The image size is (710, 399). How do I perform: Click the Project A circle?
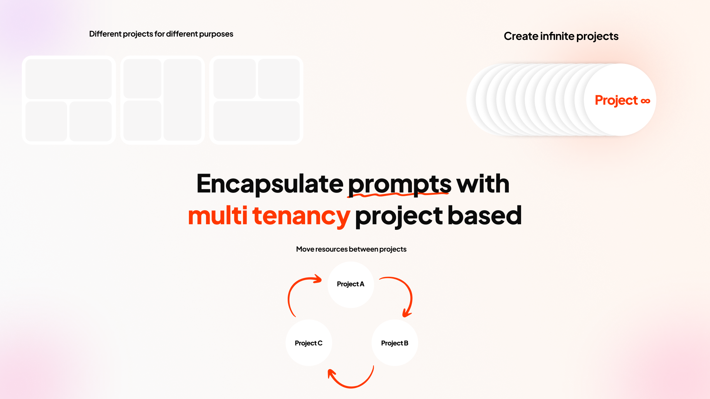[351, 284]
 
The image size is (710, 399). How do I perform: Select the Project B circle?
[395, 343]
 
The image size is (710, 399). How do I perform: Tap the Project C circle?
[309, 343]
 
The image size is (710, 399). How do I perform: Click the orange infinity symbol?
[645, 101]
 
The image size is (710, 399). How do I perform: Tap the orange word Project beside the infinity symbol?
[616, 100]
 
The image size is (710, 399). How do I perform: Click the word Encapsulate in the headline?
[270, 184]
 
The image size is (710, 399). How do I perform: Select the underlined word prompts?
[399, 184]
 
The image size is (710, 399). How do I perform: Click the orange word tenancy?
[301, 216]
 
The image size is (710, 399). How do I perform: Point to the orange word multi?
[217, 216]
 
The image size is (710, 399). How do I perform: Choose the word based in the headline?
[484, 216]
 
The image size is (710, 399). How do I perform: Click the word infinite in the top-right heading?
[557, 36]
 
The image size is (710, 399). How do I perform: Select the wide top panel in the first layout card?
[68, 79]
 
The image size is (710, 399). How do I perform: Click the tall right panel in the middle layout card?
[182, 100]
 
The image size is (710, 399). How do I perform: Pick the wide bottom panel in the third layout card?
[256, 121]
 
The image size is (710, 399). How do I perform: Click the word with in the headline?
[483, 184]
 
